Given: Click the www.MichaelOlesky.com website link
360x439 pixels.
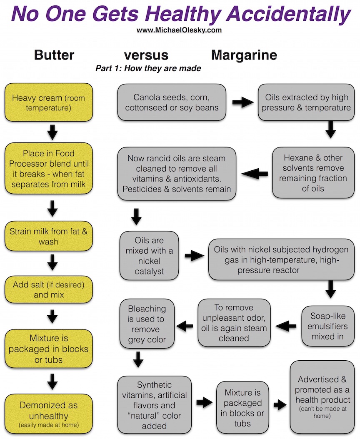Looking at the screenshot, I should click(x=179, y=30).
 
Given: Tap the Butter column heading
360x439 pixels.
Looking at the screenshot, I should click(x=54, y=55).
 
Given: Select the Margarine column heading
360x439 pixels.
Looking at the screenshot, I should click(x=244, y=55).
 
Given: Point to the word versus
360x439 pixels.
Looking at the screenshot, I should click(x=146, y=55).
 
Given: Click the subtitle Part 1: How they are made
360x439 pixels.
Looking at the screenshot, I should click(x=148, y=68).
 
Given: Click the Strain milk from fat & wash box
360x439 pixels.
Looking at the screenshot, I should click(x=49, y=236).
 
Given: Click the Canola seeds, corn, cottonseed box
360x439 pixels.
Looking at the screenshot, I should click(x=171, y=102).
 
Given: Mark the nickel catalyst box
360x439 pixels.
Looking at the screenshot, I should click(x=149, y=256).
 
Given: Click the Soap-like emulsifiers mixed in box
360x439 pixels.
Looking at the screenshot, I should click(x=327, y=326).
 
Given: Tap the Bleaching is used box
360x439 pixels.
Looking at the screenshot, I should click(x=147, y=324).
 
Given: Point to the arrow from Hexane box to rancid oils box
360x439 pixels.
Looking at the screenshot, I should click(x=255, y=174).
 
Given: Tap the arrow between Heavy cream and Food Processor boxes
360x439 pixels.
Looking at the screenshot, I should click(x=52, y=132).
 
